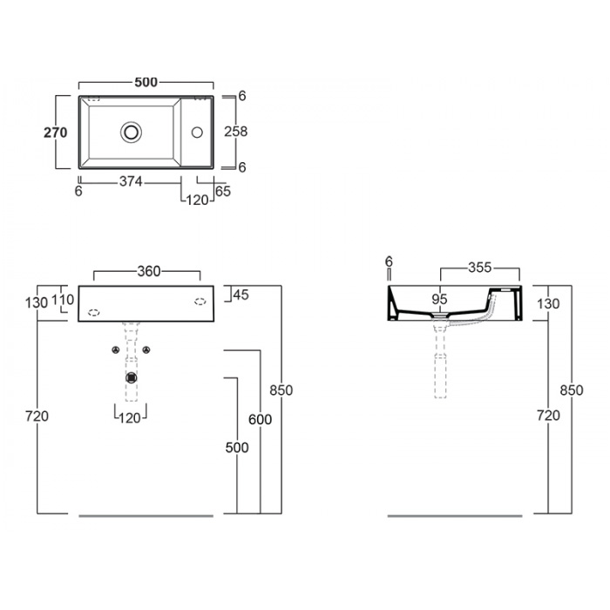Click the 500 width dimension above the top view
coord(146,82)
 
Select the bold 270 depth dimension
coord(55,132)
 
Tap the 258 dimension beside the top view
coord(236,132)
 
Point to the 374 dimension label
coord(131,181)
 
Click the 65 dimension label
coord(223,192)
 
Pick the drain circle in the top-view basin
coord(131,132)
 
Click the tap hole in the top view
coord(197,132)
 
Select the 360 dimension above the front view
coord(149,271)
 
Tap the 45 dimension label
coord(241,295)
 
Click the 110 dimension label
coord(62,300)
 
